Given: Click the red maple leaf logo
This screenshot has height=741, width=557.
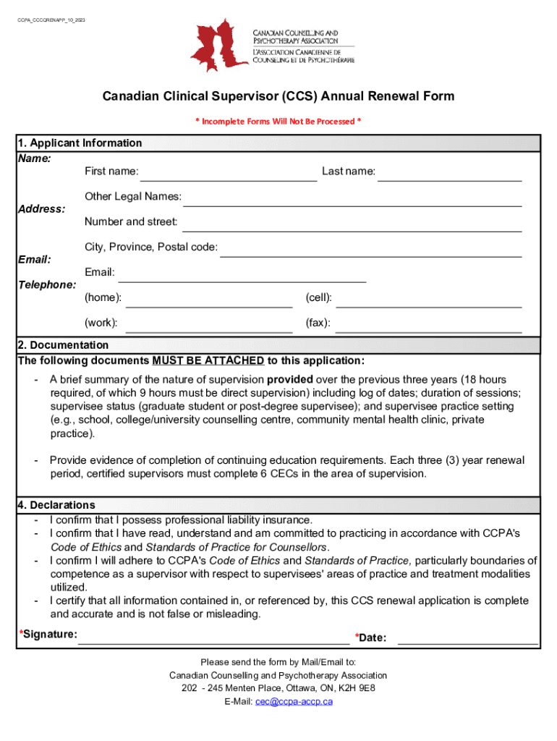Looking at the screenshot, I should tap(218, 45).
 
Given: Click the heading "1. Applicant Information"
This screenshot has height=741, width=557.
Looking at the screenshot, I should tap(80, 143).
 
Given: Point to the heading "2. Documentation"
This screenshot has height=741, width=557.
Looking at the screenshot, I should tap(63, 345).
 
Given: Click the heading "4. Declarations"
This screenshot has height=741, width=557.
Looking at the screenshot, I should tap(56, 505).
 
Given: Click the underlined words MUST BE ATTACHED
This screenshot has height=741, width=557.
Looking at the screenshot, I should tap(208, 361).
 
